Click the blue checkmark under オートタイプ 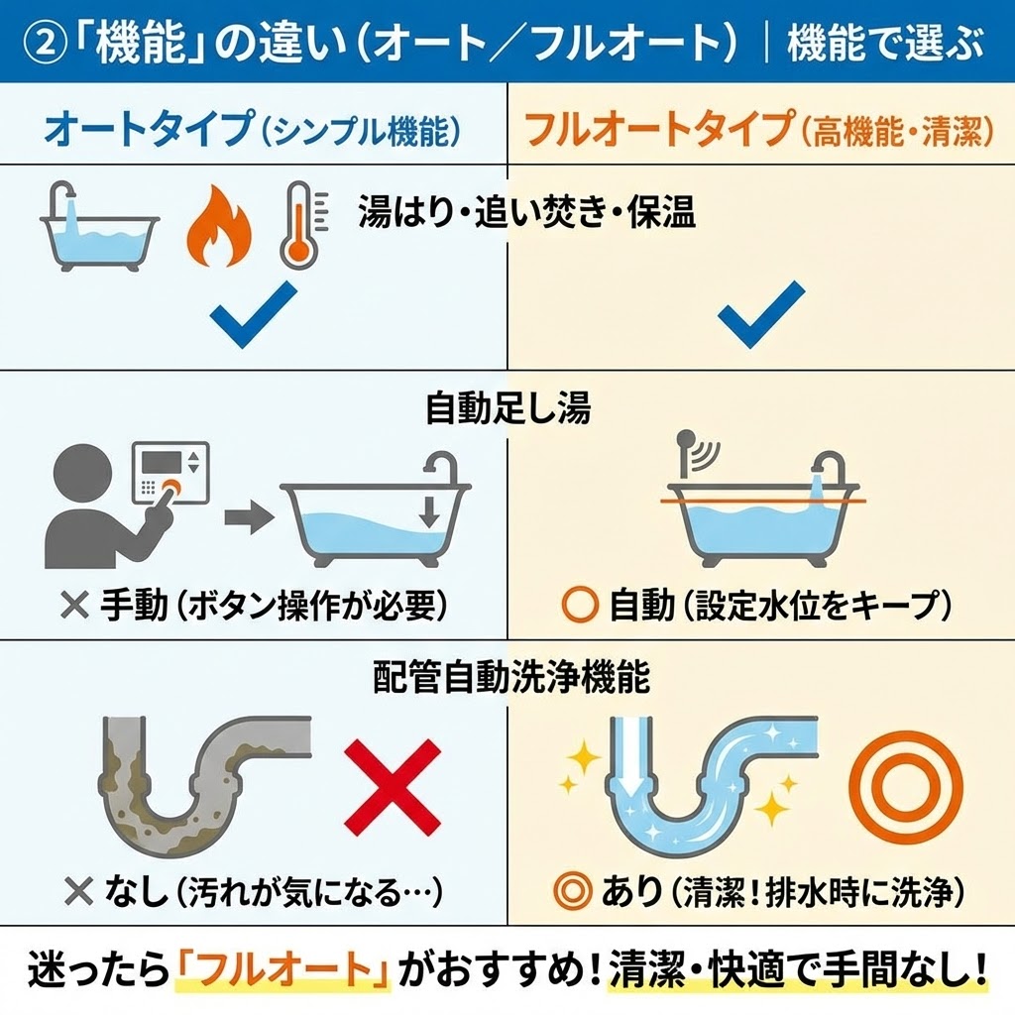(x=254, y=313)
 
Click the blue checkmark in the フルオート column (x=761, y=313)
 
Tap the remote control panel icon (x=170, y=476)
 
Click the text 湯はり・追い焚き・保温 (x=525, y=214)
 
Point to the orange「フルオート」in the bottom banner (x=284, y=968)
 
